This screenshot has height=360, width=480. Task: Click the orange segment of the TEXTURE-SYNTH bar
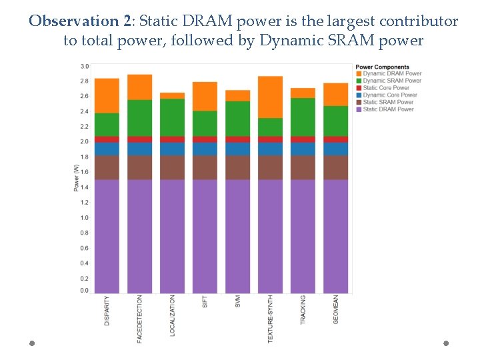[270, 97]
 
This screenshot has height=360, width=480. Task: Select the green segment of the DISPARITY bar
[107, 125]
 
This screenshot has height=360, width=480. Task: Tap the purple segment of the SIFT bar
[205, 236]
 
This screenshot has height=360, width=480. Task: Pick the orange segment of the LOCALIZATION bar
[172, 95]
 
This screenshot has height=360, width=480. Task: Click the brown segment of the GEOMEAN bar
[335, 167]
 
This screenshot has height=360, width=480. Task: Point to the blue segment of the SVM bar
[237, 149]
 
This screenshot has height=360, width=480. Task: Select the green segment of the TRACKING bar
[303, 117]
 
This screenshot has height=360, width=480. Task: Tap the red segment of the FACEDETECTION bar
[139, 139]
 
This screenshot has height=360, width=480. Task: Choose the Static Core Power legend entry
[386, 88]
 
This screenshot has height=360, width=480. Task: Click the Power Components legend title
[382, 67]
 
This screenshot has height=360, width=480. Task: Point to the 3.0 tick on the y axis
[84, 66]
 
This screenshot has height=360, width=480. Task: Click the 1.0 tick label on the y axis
[84, 218]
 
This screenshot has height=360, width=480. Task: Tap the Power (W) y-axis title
[76, 177]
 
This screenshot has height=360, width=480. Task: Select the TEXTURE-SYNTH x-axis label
[270, 319]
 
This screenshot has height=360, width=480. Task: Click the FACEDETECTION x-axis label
[139, 319]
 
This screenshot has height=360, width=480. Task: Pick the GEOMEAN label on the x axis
[335, 310]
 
